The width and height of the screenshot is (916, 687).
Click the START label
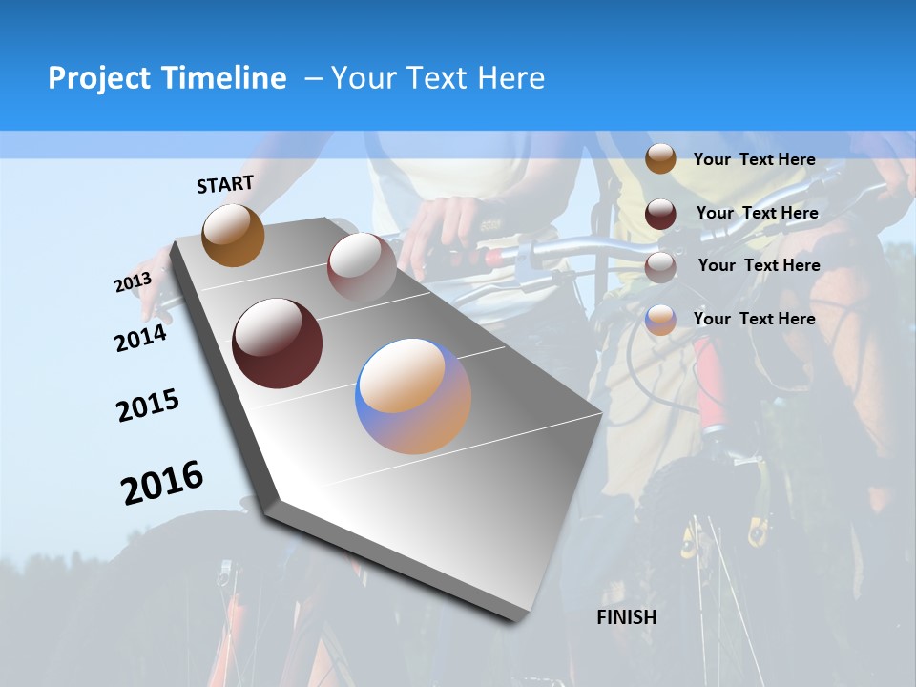[x=225, y=184]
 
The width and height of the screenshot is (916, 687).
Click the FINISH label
[x=627, y=617]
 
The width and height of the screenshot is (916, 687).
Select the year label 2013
[x=133, y=282]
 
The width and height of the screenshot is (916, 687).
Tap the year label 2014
[x=140, y=338]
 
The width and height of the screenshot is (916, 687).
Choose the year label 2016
[x=162, y=483]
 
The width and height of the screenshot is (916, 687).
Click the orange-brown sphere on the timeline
[x=233, y=235]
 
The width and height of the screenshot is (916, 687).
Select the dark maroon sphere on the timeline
[x=277, y=343]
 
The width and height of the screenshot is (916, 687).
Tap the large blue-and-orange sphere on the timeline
[x=413, y=396]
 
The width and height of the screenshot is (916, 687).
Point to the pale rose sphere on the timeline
[x=362, y=267]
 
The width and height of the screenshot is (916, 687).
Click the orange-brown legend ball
[x=660, y=159]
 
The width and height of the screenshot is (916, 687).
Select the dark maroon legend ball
[x=660, y=214]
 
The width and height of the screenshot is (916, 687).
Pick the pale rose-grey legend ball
[x=660, y=267]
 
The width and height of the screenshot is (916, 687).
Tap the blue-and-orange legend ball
[x=660, y=320]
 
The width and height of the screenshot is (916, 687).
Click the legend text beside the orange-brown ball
[x=754, y=159]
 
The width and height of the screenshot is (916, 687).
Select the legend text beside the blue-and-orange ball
[x=754, y=319]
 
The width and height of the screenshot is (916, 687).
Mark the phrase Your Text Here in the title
[x=438, y=78]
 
